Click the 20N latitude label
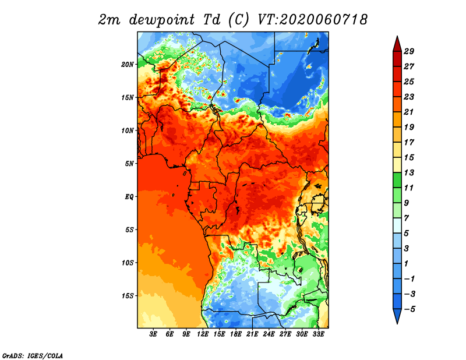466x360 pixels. click(128, 64)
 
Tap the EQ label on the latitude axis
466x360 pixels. click(129, 197)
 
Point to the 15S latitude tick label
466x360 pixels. click(128, 296)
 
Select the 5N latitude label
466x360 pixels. click(129, 164)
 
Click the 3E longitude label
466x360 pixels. click(153, 334)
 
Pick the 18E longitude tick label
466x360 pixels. click(236, 334)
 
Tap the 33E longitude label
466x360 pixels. click(318, 334)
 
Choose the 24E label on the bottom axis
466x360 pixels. click(269, 334)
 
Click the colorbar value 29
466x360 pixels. click(409, 51)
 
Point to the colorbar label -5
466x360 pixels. click(409, 309)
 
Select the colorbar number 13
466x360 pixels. click(409, 172)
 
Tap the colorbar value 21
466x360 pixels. click(409, 112)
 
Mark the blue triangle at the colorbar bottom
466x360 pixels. click(397, 315)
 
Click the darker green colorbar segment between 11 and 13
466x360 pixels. click(397, 180)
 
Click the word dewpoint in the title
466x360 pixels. click(162, 20)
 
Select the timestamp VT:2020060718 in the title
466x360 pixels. click(313, 20)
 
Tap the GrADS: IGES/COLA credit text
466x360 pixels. click(33, 355)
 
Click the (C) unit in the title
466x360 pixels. click(238, 20)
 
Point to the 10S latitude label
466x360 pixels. click(128, 263)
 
